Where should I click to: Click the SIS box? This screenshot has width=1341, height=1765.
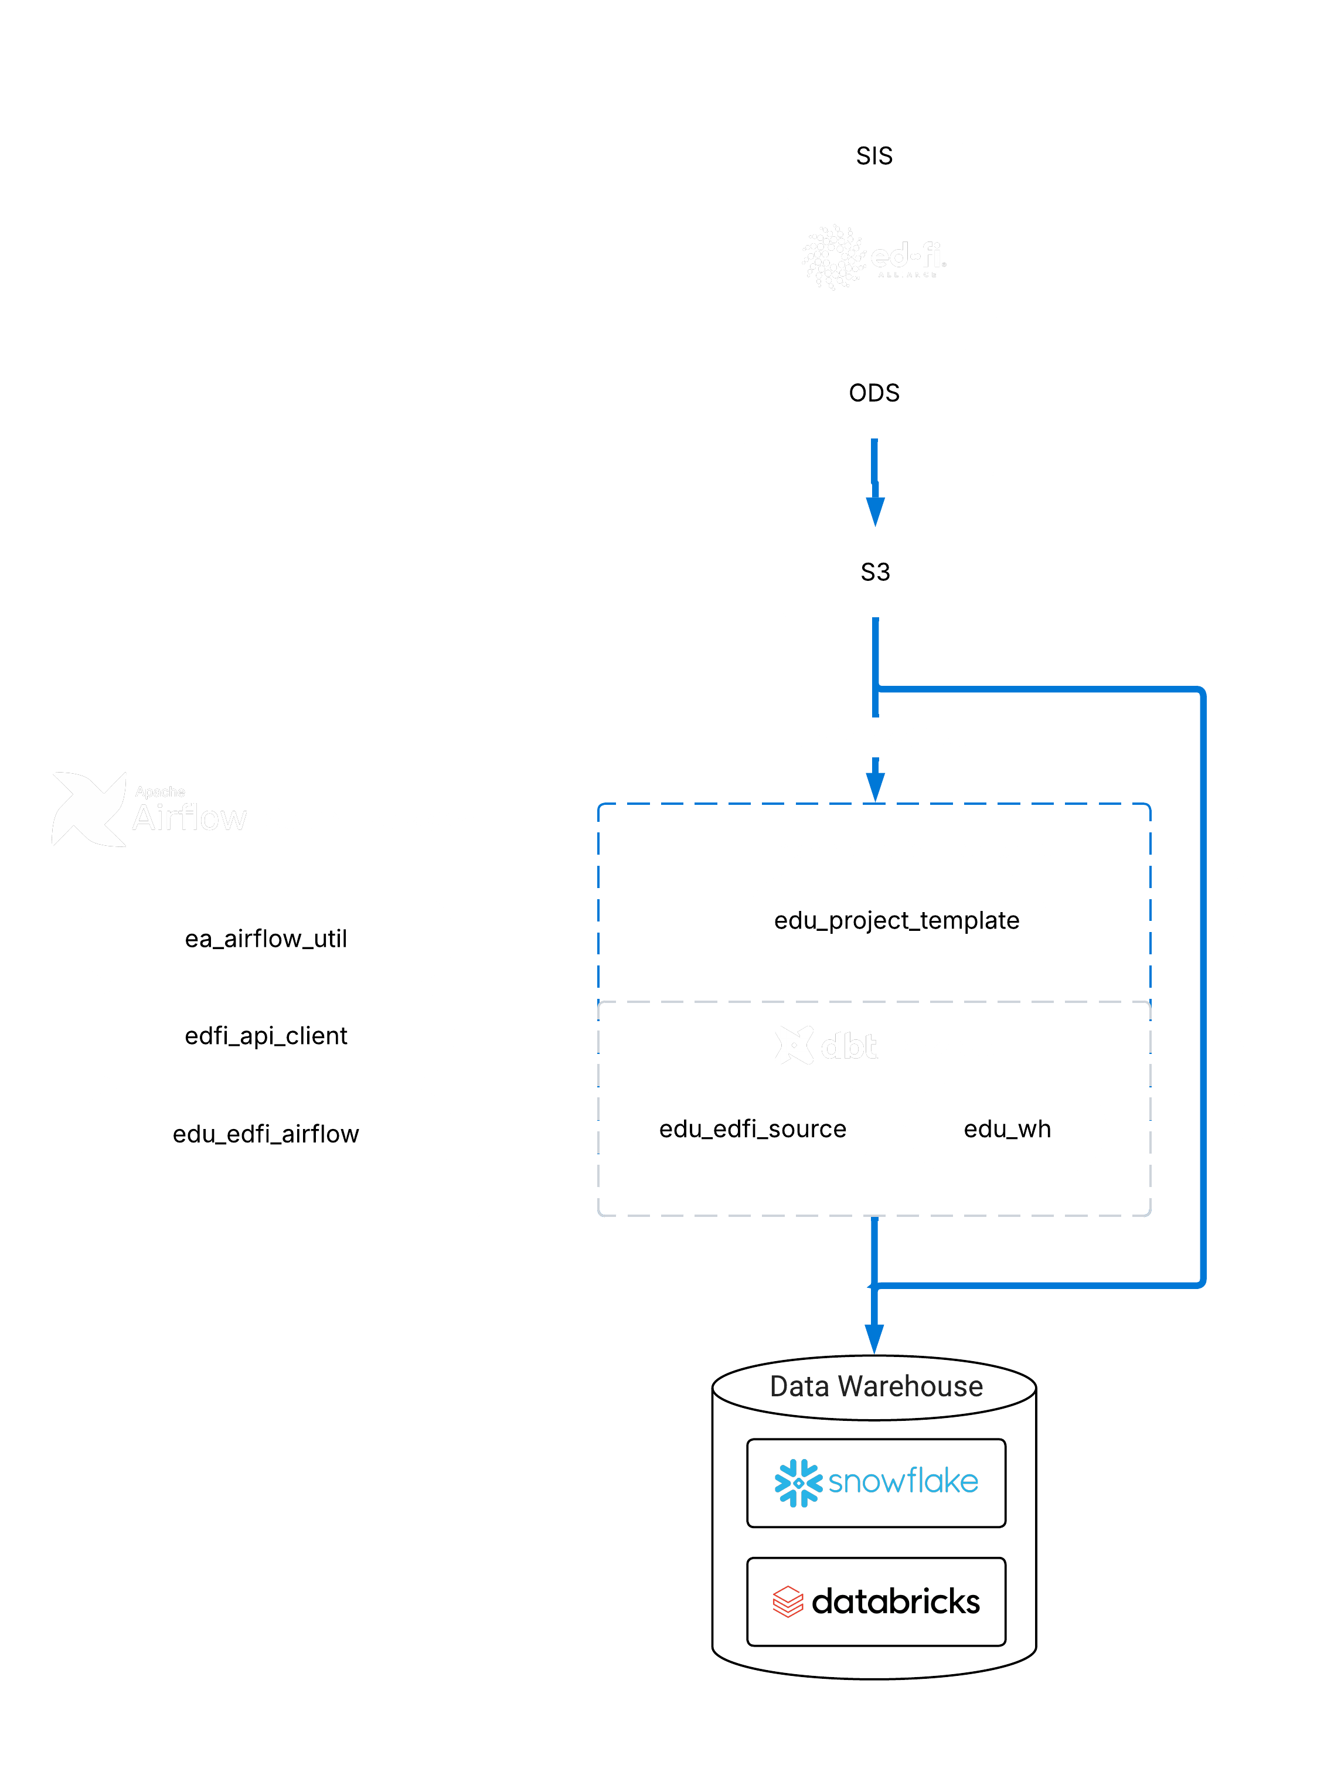coord(874,156)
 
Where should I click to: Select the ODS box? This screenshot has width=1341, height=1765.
coord(874,393)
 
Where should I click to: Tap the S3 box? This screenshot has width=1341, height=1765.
coord(875,572)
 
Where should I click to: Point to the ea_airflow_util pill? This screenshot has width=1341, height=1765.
coord(266,938)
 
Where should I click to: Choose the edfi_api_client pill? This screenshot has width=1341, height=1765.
coord(266,1035)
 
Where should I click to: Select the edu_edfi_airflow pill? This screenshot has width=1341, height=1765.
coord(266,1134)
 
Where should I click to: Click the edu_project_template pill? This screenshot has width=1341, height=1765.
coord(896,920)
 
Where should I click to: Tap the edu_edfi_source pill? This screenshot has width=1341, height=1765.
coord(752,1128)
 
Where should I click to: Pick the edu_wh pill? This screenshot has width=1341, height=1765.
coord(1008,1128)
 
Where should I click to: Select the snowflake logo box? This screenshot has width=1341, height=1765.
coord(876,1482)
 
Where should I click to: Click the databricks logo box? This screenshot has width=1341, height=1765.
coord(876,1601)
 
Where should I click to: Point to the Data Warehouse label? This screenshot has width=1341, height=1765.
coord(876,1386)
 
